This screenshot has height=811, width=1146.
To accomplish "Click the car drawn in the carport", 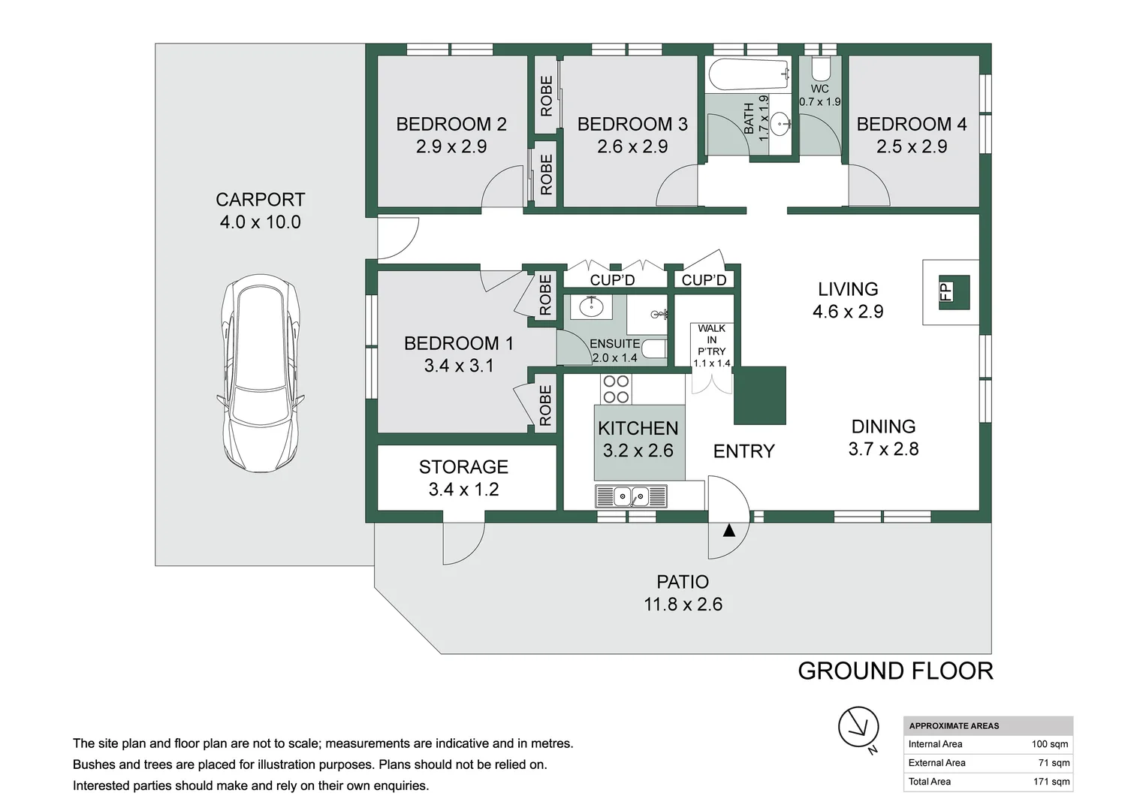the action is pos(260,373).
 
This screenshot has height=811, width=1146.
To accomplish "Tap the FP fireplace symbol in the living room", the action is pos(954,292).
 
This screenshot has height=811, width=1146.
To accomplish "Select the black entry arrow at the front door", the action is pos(729,531).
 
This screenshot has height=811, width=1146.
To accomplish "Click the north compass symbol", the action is pos(859,728).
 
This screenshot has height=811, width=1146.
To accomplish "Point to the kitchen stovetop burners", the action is pos(616,390).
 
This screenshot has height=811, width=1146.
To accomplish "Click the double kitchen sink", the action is pos(631,496).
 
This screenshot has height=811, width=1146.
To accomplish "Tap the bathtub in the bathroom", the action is pos(747,75).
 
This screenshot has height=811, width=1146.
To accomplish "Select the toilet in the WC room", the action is pos(819,68).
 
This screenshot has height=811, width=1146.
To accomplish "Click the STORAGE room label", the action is pos(463,466).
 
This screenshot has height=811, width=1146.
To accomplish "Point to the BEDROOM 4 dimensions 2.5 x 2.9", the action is pos(912,147).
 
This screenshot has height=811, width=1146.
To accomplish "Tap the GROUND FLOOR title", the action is pos(895,671).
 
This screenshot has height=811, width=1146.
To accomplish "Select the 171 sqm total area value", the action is pos(1051,781).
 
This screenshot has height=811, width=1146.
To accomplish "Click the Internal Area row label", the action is pos(935,744).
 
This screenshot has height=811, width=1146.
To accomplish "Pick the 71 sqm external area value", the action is pos(1054,763).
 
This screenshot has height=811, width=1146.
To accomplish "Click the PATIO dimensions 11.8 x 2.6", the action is pos(683,604).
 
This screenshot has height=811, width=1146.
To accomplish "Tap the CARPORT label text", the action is pos(261,200).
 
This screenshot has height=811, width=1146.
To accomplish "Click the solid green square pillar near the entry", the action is pos(760,396).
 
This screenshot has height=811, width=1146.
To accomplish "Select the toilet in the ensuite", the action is pos(653,349).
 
